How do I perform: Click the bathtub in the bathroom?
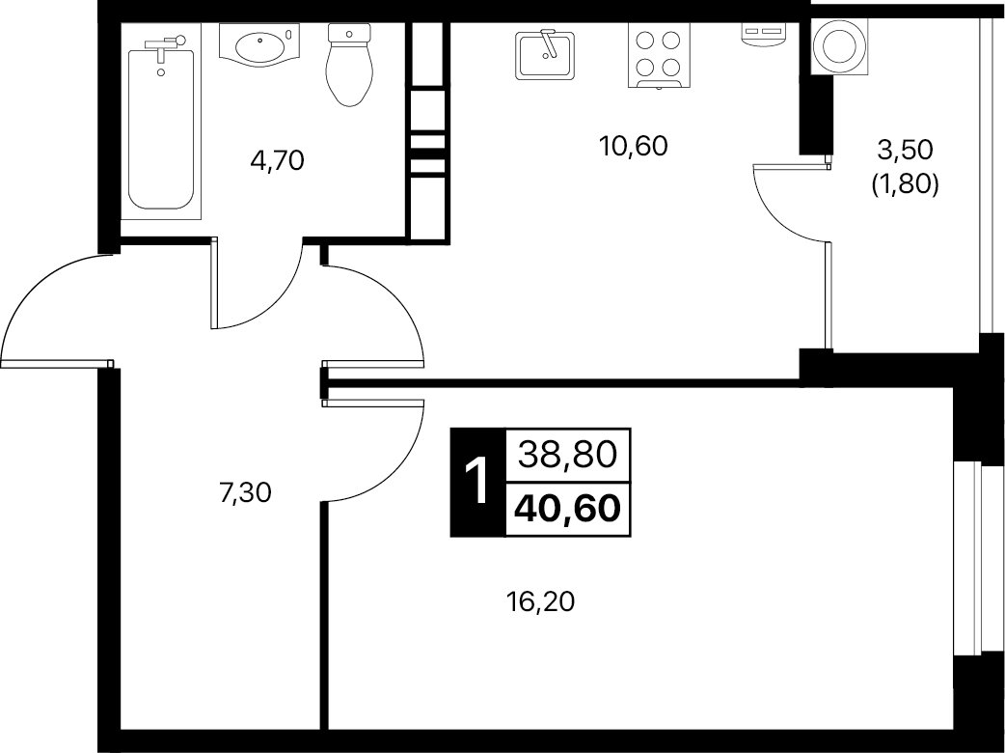(x=161, y=128)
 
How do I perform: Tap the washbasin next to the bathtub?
(x=260, y=45)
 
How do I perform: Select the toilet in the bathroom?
(x=349, y=64)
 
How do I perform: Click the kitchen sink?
(x=545, y=56)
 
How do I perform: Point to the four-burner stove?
(x=659, y=55)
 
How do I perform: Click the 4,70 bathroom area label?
(x=277, y=160)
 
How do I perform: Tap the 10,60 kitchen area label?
(x=634, y=146)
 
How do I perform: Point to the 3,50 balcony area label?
(x=905, y=150)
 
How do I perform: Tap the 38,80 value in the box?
(x=567, y=455)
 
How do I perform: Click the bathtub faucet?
(x=165, y=43)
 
